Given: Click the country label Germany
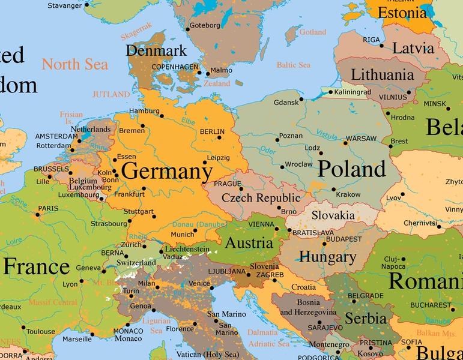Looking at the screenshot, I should (x=166, y=172).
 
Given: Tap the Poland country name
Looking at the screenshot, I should (x=351, y=169).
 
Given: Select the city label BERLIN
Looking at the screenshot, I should (x=211, y=131).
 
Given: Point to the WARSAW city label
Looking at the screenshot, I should (x=361, y=138).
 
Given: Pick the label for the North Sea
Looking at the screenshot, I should (x=74, y=64).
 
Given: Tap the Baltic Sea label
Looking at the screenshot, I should (x=293, y=65).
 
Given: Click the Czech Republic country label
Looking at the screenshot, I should (x=261, y=198).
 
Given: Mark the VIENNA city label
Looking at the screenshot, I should (x=261, y=224).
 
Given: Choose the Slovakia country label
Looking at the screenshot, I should (x=332, y=215).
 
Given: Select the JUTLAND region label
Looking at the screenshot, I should (x=110, y=94).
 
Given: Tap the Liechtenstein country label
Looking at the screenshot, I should (x=188, y=249).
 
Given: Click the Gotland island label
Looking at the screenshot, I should (x=312, y=32).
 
